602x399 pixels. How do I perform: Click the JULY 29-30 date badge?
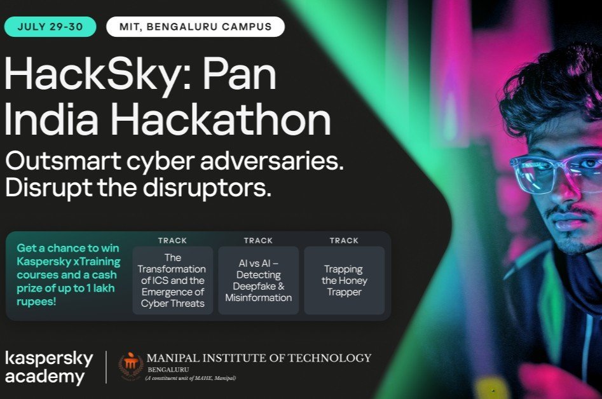[50, 27]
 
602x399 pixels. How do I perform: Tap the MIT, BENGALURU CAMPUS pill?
[195, 27]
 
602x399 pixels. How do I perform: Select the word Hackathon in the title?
[221, 119]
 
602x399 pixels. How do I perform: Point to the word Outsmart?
[64, 161]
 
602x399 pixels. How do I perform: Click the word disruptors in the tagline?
[207, 187]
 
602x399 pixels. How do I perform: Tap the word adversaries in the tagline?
[272, 161]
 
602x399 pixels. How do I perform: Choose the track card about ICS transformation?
[173, 280]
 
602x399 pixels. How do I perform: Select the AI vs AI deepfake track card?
[258, 280]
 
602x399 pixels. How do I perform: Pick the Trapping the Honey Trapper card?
[345, 280]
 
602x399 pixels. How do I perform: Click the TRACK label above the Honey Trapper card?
[344, 241]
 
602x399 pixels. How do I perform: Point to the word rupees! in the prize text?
[36, 302]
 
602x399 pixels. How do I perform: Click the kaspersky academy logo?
[49, 367]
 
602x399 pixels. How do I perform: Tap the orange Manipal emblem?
[131, 365]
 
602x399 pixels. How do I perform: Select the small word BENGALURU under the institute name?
[168, 370]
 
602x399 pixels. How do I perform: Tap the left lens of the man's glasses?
[533, 173]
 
